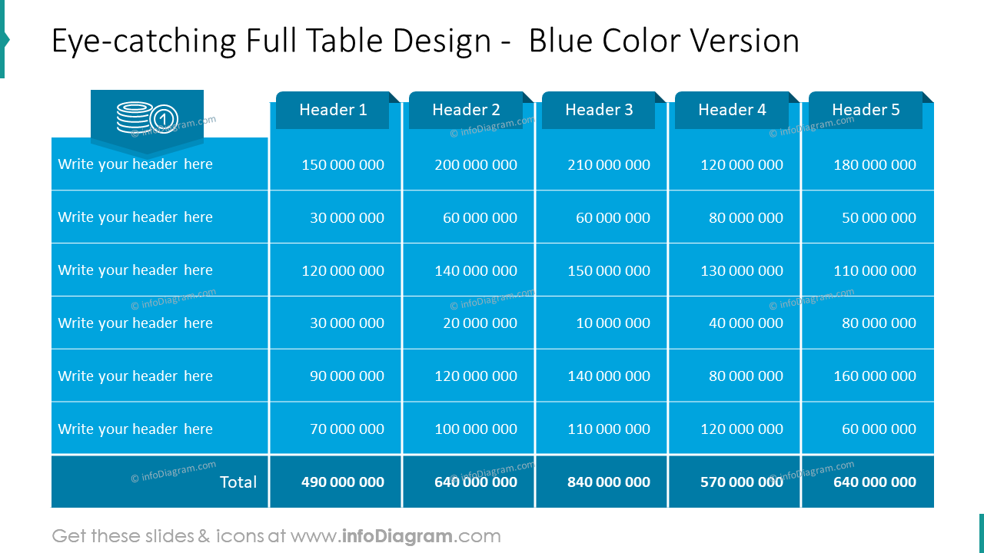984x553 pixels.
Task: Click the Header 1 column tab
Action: click(x=333, y=110)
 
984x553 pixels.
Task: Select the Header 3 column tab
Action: click(x=599, y=110)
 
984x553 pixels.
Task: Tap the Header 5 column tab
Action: click(x=866, y=110)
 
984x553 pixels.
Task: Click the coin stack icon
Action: click(x=147, y=118)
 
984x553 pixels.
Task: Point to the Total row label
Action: click(x=238, y=482)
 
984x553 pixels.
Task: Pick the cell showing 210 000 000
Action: click(x=609, y=164)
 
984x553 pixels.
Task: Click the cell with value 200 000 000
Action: click(x=476, y=164)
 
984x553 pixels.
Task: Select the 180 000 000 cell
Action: click(x=875, y=164)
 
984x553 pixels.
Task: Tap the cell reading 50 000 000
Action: click(x=879, y=217)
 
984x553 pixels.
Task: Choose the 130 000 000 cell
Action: click(x=742, y=270)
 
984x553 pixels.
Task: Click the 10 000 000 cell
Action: click(x=613, y=323)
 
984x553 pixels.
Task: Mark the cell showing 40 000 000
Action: click(x=746, y=323)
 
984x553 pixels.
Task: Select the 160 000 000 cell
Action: click(x=875, y=376)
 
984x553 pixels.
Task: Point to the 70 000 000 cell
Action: click(x=347, y=429)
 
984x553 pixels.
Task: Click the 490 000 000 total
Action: click(x=343, y=482)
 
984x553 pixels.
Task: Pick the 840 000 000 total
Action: click(x=609, y=482)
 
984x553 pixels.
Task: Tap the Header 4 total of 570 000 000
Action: click(x=742, y=482)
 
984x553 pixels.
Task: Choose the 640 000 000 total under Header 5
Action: click(x=875, y=482)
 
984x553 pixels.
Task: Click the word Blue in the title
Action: click(x=561, y=41)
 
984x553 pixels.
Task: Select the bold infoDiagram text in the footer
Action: click(x=397, y=536)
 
